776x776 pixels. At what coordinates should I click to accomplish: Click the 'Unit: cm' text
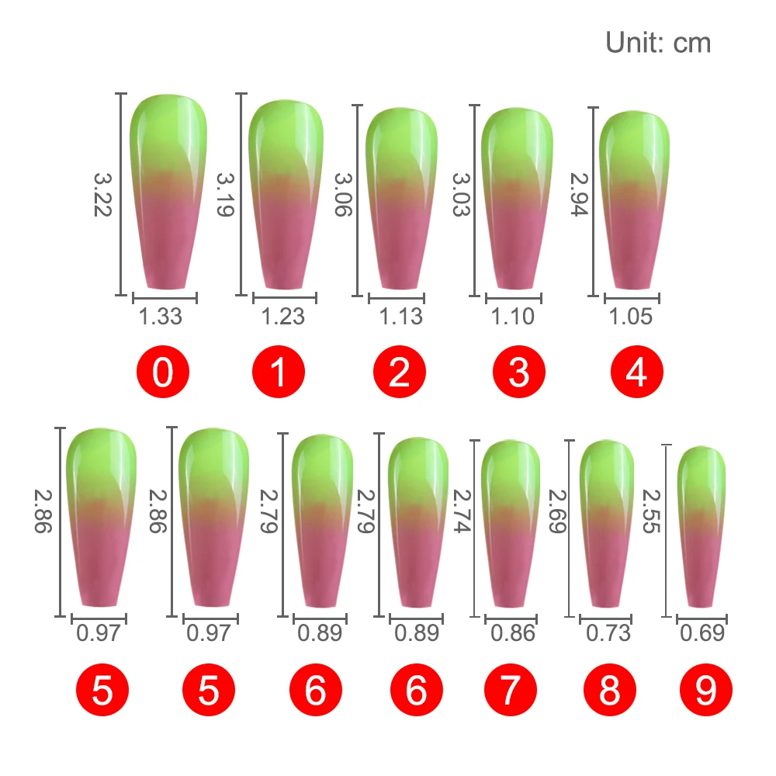pyautogui.click(x=658, y=43)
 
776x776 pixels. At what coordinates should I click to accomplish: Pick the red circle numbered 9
pyautogui.click(x=705, y=691)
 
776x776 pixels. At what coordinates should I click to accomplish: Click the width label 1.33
pyautogui.click(x=161, y=317)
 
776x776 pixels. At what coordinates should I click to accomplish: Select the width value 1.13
pyautogui.click(x=401, y=317)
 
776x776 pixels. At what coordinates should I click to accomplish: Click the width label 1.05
pyautogui.click(x=630, y=317)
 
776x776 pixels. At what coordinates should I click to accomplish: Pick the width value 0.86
pyautogui.click(x=513, y=633)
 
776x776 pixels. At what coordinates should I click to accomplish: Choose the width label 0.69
pyautogui.click(x=702, y=633)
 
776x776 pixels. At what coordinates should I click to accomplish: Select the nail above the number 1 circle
pyautogui.click(x=286, y=194)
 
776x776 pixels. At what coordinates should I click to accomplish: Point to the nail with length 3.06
pyautogui.click(x=402, y=198)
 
